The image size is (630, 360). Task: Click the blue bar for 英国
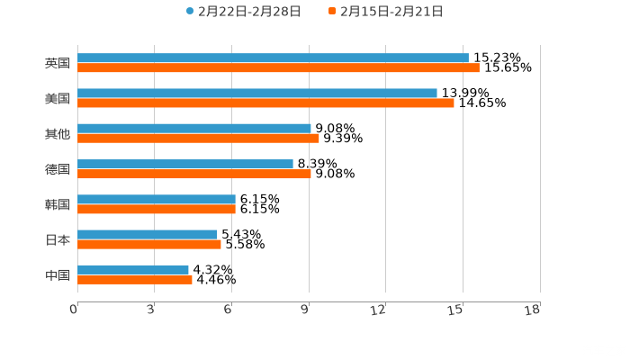coord(273,58)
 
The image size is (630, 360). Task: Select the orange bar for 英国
coord(278,68)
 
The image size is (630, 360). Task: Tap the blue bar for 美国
coord(257,94)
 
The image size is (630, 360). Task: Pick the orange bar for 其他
coord(198,139)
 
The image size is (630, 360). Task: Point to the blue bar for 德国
coord(185,164)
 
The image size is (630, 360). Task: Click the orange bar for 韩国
coord(157,209)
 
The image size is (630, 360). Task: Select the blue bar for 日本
coord(148,234)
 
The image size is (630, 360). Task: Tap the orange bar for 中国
coord(135,279)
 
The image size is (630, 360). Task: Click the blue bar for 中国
coord(133,269)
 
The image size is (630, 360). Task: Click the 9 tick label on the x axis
coord(306,310)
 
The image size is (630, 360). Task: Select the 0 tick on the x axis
coord(75,310)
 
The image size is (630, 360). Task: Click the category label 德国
coord(58,169)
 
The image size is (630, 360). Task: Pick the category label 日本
coord(58,239)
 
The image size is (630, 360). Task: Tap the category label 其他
coord(58,134)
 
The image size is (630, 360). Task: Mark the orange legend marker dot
coord(332,12)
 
